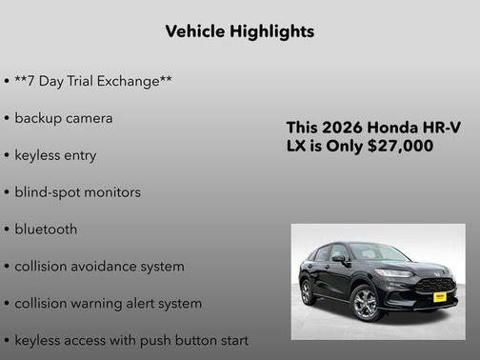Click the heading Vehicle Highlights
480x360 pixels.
(239, 31)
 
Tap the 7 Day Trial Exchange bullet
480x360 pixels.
(93, 81)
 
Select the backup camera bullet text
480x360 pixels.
(64, 118)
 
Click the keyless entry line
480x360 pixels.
(55, 154)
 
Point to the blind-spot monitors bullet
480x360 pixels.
(77, 191)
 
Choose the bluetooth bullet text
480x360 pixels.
(46, 229)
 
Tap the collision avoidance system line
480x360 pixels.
(99, 266)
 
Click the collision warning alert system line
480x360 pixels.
(108, 303)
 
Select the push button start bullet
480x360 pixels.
(131, 340)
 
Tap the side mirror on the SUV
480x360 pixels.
(339, 258)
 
